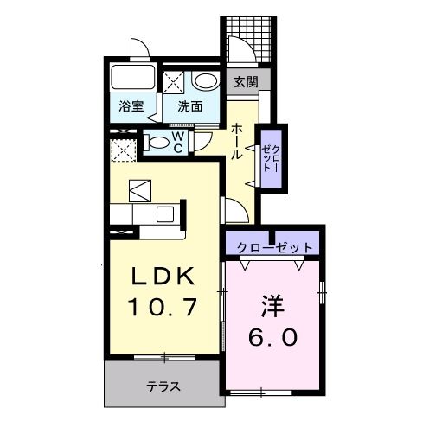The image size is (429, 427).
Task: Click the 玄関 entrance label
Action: click(245, 82)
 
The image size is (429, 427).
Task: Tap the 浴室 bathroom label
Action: click(131, 107)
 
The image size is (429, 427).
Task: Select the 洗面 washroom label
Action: click(190, 107)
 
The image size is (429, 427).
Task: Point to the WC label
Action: click(176, 142)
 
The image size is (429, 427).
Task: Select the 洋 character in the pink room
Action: click(274, 307)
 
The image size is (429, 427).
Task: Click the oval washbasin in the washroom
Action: click(206, 81)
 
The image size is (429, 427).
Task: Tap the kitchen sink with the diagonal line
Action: click(139, 188)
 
